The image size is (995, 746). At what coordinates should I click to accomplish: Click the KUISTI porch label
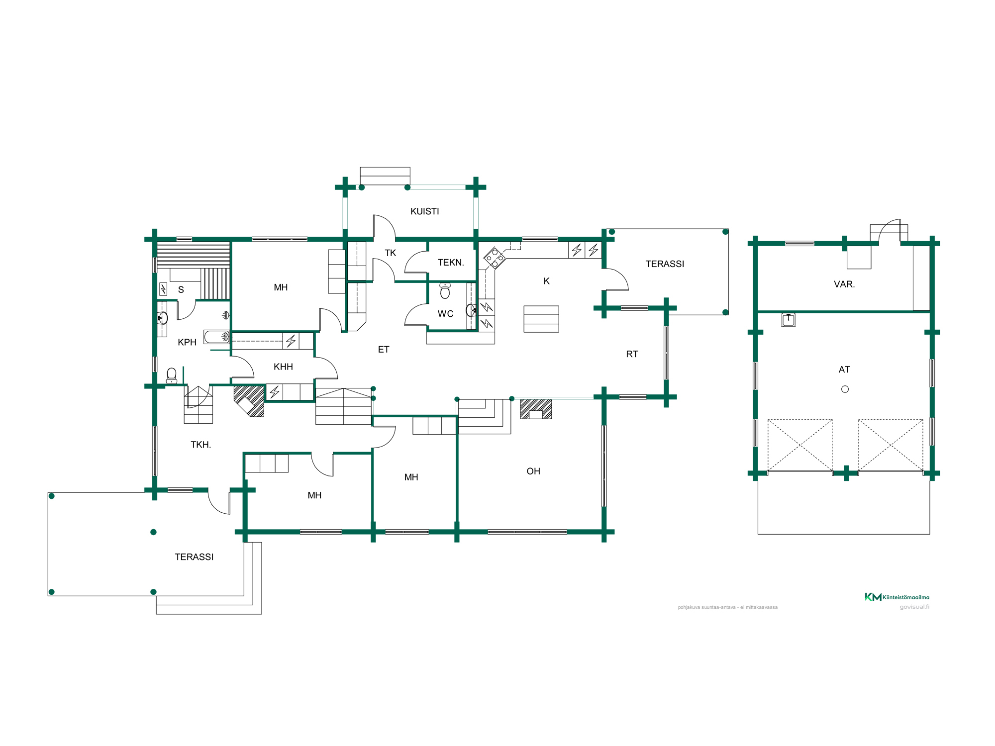[424, 211]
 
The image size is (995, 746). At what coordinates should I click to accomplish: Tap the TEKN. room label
[451, 263]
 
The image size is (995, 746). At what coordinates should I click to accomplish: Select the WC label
[445, 314]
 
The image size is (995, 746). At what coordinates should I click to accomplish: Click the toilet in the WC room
[445, 290]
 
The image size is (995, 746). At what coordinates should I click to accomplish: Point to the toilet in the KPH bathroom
[172, 375]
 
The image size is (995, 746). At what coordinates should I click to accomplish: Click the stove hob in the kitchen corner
[494, 258]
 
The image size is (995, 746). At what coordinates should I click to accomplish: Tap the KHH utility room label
[283, 367]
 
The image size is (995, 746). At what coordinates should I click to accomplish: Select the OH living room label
[533, 471]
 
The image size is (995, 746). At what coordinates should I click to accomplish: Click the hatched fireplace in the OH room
[536, 409]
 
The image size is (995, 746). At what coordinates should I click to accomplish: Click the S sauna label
[181, 290]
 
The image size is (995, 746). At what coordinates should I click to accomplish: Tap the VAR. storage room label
[844, 284]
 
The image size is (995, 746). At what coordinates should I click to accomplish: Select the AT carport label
[844, 370]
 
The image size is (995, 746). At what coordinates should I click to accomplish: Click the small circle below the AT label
[845, 389]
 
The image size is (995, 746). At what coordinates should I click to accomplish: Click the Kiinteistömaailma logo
[896, 597]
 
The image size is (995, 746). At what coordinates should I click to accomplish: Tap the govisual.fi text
[914, 607]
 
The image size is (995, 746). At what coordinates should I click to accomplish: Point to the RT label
[632, 354]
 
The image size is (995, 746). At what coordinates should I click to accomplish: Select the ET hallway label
[384, 350]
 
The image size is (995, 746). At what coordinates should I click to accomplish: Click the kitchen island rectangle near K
[541, 319]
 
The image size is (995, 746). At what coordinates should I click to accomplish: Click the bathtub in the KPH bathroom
[216, 337]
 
